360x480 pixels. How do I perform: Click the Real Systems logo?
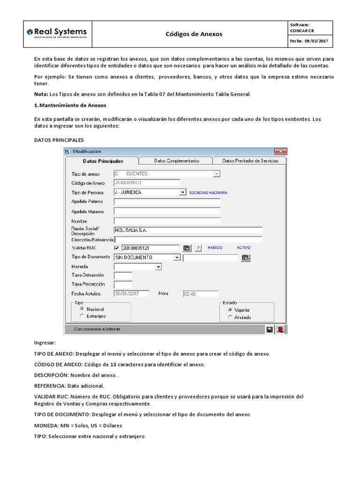tap(57, 33)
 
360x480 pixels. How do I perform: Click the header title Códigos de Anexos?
tap(194, 34)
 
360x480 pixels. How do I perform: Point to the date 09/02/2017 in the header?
tap(317, 41)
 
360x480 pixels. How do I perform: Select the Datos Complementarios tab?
tap(176, 161)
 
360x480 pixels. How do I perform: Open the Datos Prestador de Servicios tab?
tap(250, 161)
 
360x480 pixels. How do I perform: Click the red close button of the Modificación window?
tap(280, 151)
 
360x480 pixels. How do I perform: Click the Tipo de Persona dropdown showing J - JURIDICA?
tap(150, 192)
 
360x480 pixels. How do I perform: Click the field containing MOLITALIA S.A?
tap(187, 230)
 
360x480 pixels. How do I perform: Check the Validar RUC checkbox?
tap(117, 248)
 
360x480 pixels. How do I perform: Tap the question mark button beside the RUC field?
tap(198, 248)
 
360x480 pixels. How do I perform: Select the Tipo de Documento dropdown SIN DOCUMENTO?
tap(147, 257)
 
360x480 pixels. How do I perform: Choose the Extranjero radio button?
tap(82, 316)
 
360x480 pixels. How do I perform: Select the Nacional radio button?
tap(82, 309)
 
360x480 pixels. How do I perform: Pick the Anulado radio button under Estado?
tap(230, 317)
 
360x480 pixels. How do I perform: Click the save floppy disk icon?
tap(270, 330)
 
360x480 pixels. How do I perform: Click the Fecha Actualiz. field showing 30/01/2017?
tap(131, 294)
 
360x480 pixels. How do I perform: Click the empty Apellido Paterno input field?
tap(166, 202)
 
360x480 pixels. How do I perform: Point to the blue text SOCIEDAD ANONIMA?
tap(208, 193)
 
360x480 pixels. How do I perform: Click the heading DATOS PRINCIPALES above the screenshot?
tap(59, 140)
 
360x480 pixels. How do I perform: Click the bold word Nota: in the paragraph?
tap(41, 94)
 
